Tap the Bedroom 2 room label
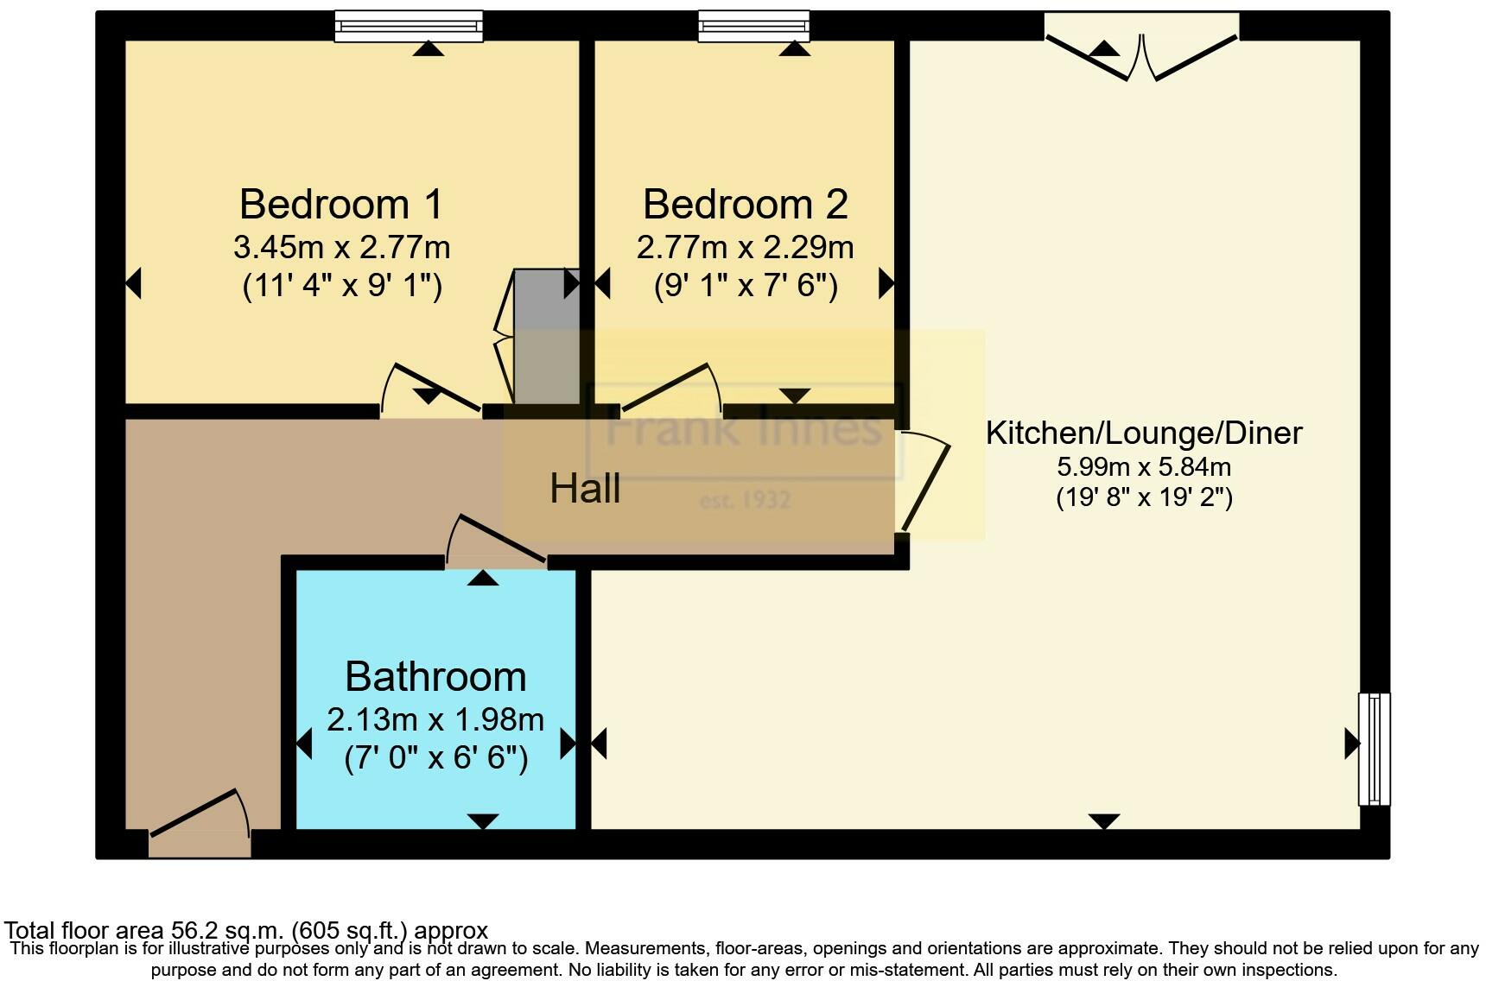[745, 205]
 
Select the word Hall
[585, 489]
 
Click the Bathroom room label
[435, 676]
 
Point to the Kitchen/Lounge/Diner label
[1143, 433]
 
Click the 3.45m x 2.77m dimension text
[341, 248]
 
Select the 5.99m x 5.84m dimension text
[1143, 467]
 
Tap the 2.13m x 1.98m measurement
[435, 719]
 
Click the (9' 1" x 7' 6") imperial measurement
[745, 285]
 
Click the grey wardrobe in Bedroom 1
[546, 337]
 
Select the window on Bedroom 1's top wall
[409, 26]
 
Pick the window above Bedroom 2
[753, 26]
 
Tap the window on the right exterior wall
[1374, 748]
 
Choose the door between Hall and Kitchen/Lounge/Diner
[924, 480]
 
